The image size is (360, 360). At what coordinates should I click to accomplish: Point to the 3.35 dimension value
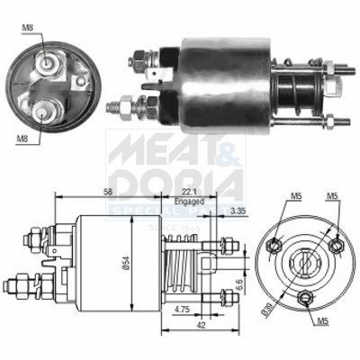click(238, 211)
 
